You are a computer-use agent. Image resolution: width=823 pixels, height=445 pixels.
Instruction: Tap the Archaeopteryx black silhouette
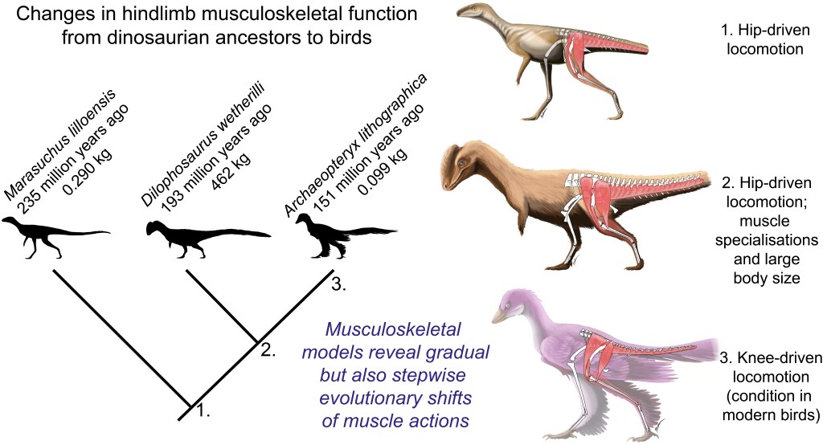[321, 237]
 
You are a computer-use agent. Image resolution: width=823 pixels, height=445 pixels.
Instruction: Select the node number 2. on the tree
[268, 349]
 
